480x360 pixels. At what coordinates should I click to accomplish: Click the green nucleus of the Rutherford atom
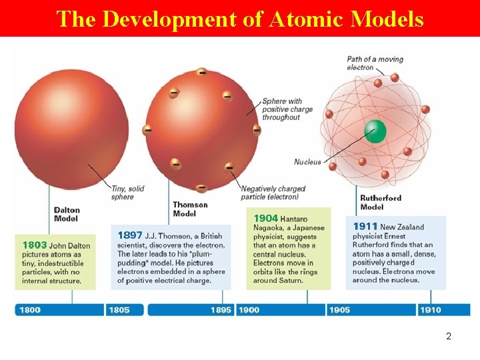pyautogui.click(x=375, y=131)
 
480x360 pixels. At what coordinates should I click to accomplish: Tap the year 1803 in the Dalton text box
pyautogui.click(x=35, y=245)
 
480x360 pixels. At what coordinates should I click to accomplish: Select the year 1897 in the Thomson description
pyautogui.click(x=129, y=235)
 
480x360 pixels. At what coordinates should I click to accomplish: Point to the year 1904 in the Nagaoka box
pyautogui.click(x=266, y=219)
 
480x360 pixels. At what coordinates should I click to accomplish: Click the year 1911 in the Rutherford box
pyautogui.click(x=365, y=227)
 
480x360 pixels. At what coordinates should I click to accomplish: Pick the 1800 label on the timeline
pyautogui.click(x=30, y=310)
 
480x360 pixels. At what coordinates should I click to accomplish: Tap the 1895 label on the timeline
pyautogui.click(x=221, y=310)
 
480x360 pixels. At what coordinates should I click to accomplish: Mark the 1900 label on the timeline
pyautogui.click(x=249, y=310)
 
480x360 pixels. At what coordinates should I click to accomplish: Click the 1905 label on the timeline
pyautogui.click(x=339, y=310)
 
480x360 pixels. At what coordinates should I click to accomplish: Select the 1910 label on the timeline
pyautogui.click(x=430, y=310)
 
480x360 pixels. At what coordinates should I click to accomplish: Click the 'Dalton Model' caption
pyautogui.click(x=67, y=214)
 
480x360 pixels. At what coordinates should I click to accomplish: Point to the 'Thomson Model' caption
pyautogui.click(x=190, y=209)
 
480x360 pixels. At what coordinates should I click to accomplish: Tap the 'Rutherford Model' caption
pyautogui.click(x=381, y=202)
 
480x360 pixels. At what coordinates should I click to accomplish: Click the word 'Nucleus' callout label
pyautogui.click(x=307, y=162)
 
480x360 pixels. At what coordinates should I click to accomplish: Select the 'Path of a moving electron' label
pyautogui.click(x=375, y=63)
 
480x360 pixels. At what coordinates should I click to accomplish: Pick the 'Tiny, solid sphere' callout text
pyautogui.click(x=127, y=193)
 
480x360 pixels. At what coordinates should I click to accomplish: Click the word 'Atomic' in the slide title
pyautogui.click(x=307, y=19)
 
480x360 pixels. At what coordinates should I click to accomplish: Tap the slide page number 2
pyautogui.click(x=449, y=337)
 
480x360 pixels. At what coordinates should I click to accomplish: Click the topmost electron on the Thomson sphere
pyautogui.click(x=201, y=72)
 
